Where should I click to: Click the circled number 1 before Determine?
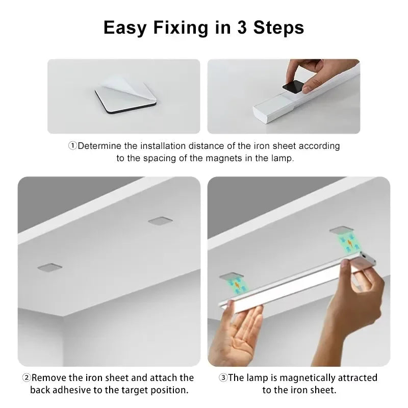pos(72,146)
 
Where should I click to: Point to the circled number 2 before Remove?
pos(26,378)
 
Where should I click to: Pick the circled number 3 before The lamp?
pos(223,378)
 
